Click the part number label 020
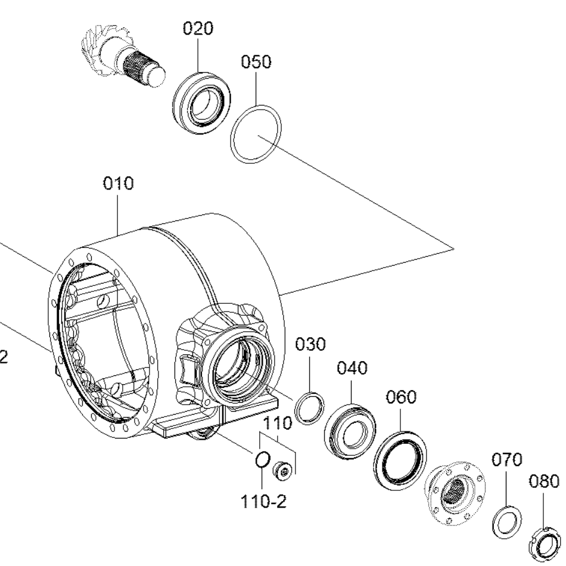tap(198, 28)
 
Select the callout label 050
tap(256, 62)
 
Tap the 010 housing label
tap(118, 183)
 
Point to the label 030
tap(310, 344)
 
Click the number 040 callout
tap(352, 368)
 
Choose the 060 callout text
tap(401, 397)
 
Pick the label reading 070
tap(507, 459)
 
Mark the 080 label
tap(544, 481)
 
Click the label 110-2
tap(263, 502)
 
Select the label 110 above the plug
tap(277, 423)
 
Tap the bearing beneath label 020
tap(202, 104)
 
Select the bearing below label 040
tap(350, 431)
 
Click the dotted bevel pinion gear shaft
tap(123, 56)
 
